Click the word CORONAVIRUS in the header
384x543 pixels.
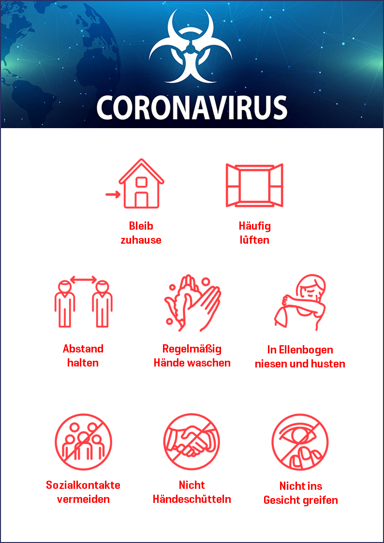[x=192, y=107]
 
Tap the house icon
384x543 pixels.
[x=141, y=184]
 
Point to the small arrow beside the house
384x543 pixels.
[x=113, y=195]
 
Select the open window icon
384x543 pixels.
[x=254, y=185]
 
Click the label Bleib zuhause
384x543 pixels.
[x=141, y=233]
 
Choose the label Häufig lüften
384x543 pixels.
[x=254, y=233]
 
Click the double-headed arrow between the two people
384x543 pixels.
[x=84, y=279]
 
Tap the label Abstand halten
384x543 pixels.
[x=83, y=356]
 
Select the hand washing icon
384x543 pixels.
[x=192, y=303]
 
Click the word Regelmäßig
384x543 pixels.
[x=192, y=349]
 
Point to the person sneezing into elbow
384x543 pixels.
[x=300, y=303]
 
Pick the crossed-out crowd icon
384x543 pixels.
[x=84, y=442]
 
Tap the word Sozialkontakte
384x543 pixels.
[x=83, y=485]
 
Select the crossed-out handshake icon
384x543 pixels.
[x=192, y=442]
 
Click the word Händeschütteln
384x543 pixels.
[x=192, y=499]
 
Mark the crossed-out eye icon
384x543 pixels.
[x=300, y=442]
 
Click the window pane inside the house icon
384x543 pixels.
[x=141, y=182]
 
